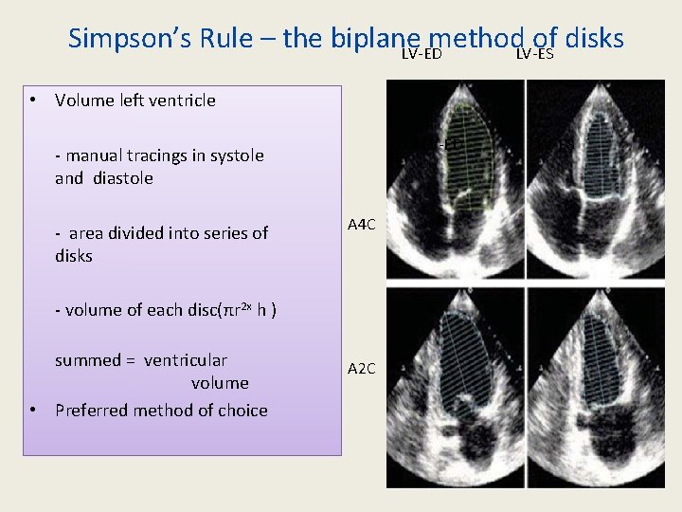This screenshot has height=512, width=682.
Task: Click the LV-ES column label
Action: (535, 53)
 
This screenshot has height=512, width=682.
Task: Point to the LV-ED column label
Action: (422, 53)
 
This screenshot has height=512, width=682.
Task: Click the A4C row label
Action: (362, 225)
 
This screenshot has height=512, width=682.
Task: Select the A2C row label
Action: (362, 368)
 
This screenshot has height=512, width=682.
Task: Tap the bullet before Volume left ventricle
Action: (33, 100)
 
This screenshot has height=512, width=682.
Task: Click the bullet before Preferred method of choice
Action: (33, 410)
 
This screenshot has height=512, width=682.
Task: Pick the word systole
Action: (235, 155)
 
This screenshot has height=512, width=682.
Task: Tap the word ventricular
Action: (185, 360)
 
